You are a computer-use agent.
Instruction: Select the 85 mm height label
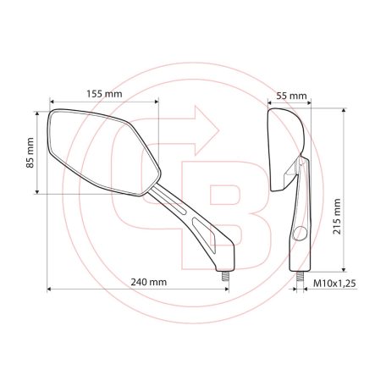pyautogui.click(x=30, y=152)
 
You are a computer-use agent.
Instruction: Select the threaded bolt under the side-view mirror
pyautogui.click(x=301, y=273)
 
